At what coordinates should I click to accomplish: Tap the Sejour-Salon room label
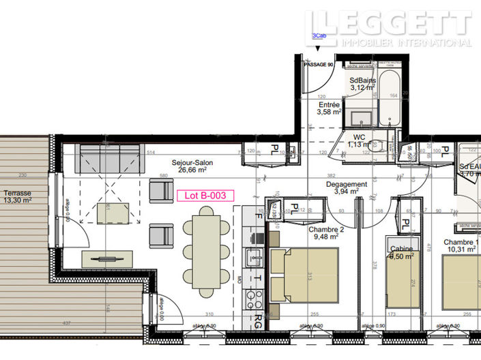191,164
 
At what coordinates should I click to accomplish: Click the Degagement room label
346,184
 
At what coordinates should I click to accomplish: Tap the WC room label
359,137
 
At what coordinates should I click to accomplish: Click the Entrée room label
328,105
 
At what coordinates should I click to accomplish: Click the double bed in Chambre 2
305,276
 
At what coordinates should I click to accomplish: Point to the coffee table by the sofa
113,213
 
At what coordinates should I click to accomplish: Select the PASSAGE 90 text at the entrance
318,64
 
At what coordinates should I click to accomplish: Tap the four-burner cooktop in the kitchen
257,299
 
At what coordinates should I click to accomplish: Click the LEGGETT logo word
388,23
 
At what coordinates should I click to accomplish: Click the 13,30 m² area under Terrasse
18,200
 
